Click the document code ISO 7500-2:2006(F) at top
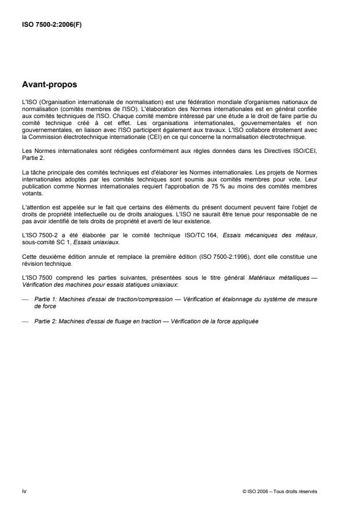tap(52, 26)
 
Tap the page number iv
tap(24, 491)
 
